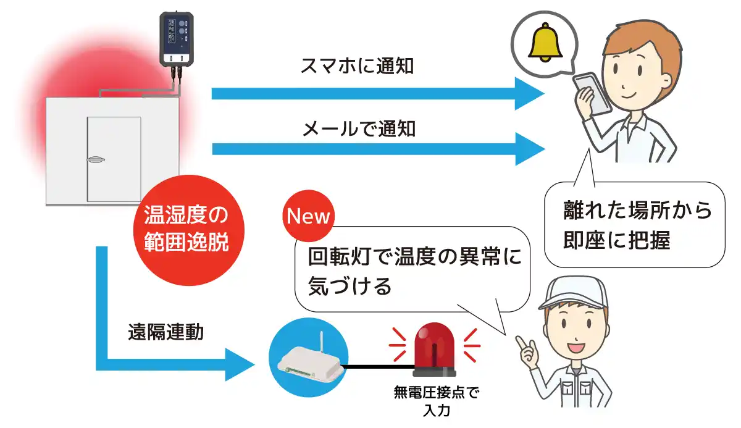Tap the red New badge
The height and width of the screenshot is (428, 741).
(307, 217)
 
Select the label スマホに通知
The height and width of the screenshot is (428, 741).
(357, 66)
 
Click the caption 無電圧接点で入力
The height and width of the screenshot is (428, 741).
(435, 400)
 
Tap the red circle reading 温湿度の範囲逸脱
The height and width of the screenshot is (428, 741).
(186, 229)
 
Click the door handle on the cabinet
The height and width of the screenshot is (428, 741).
(97, 161)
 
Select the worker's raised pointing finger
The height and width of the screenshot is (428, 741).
(520, 343)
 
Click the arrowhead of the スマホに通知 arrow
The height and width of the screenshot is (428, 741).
(530, 93)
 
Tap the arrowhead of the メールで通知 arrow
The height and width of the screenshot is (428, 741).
(530, 149)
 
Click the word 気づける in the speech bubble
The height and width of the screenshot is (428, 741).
(350, 285)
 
